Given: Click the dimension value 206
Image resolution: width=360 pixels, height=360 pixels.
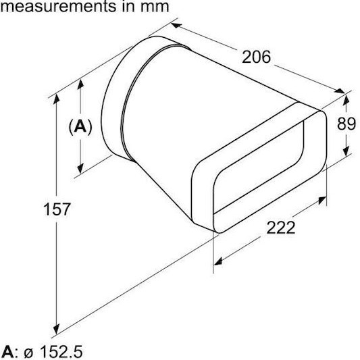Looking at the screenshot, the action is (x=257, y=57).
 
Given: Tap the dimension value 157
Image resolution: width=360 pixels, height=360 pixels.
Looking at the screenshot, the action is (x=57, y=209).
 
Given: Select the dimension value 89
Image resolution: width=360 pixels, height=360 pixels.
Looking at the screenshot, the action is (x=346, y=124).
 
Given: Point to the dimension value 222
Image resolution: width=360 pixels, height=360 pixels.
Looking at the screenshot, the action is (x=281, y=228).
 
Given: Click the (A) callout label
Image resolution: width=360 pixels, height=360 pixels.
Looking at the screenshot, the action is (x=80, y=126).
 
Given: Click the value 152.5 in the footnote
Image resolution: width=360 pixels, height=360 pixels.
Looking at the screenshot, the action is (x=61, y=351).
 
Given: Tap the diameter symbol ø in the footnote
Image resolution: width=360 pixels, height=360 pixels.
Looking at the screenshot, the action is (x=28, y=353).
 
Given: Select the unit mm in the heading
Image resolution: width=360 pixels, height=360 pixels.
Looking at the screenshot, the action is (x=155, y=7).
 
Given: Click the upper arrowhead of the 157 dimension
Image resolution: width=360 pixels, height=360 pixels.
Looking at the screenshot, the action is (x=56, y=99).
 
